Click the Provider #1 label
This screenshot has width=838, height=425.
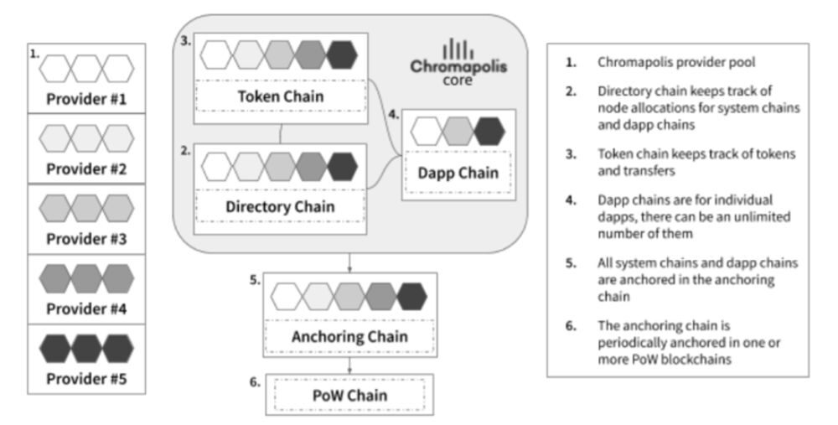86,98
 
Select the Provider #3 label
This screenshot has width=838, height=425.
86,239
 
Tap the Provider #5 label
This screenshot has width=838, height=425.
86,380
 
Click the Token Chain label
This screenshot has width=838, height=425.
280,96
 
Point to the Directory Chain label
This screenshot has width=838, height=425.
280,206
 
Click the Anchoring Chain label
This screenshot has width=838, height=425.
349,337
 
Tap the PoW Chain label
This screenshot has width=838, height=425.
349,394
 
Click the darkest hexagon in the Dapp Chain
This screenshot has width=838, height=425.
489,131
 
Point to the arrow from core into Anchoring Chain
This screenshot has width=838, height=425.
349,262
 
